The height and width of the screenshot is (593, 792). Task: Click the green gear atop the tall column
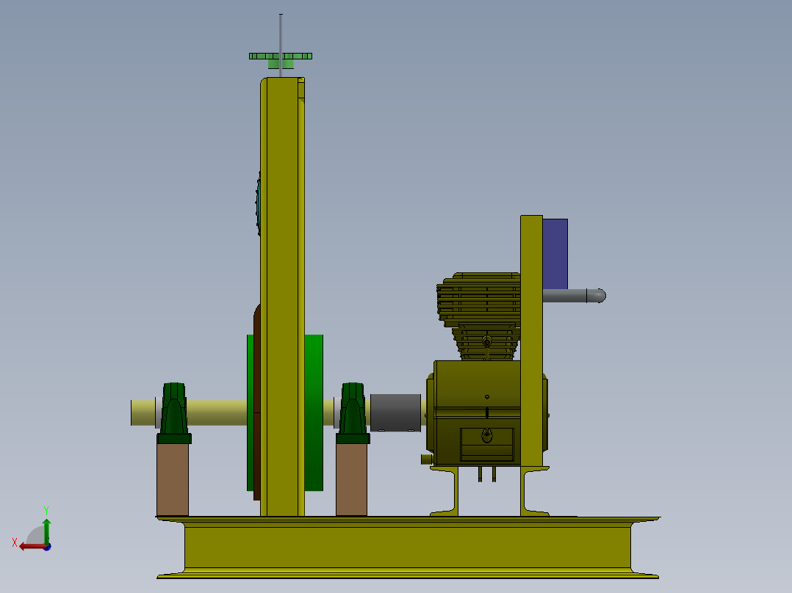pyautogui.click(x=280, y=57)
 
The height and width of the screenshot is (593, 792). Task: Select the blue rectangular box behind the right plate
pyautogui.click(x=555, y=253)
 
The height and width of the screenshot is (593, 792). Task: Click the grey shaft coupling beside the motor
pyautogui.click(x=395, y=412)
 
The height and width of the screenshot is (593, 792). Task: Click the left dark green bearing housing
pyautogui.click(x=174, y=411)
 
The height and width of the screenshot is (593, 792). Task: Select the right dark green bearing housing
pyautogui.click(x=353, y=411)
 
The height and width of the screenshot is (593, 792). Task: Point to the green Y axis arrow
pyautogui.click(x=46, y=527)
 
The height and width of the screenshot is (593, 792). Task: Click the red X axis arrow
pyautogui.click(x=29, y=545)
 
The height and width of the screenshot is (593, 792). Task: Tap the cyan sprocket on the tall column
pyautogui.click(x=259, y=202)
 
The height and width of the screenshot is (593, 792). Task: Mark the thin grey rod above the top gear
pyautogui.click(x=281, y=32)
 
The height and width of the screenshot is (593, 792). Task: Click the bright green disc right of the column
pyautogui.click(x=314, y=411)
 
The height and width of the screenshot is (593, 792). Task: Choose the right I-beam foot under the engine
pyautogui.click(x=532, y=492)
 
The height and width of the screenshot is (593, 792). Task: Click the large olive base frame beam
pyautogui.click(x=408, y=547)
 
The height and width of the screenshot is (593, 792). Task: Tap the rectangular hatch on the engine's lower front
pyautogui.click(x=486, y=444)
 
